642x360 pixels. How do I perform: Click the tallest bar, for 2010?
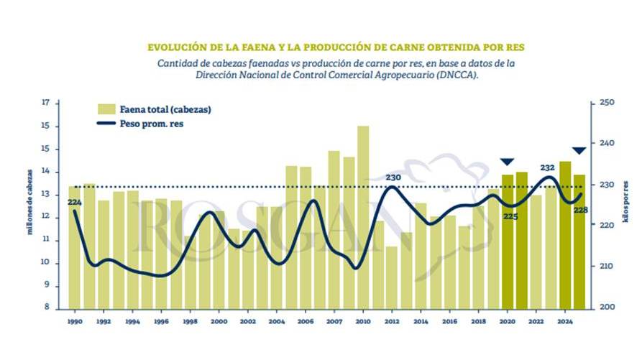click(x=363, y=216)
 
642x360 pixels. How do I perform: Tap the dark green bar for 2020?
click(x=508, y=241)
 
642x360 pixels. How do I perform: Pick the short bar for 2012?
click(x=392, y=277)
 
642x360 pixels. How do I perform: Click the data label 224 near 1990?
click(x=73, y=203)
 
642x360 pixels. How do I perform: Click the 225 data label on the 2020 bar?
click(x=511, y=215)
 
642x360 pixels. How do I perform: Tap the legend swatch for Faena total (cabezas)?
click(x=106, y=109)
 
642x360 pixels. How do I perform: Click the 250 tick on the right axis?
click(x=606, y=103)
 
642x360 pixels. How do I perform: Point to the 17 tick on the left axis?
click(x=45, y=103)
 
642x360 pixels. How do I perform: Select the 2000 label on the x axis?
click(x=219, y=321)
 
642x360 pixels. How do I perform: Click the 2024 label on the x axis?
click(x=564, y=321)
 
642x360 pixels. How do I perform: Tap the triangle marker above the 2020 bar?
click(x=508, y=162)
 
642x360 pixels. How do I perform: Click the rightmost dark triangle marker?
click(x=579, y=151)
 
